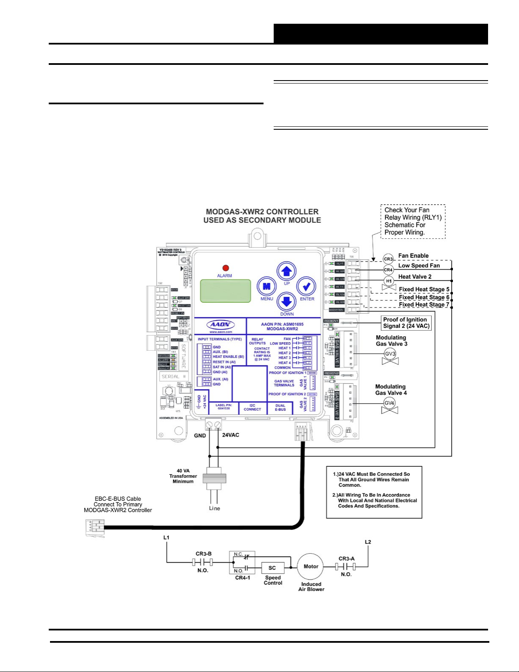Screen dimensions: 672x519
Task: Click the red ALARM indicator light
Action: (x=225, y=268)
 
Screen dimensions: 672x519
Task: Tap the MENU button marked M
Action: (x=266, y=287)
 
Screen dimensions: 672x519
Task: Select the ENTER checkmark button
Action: (x=306, y=287)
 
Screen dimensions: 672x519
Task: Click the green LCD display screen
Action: (x=225, y=291)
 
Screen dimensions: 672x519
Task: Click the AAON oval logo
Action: (x=220, y=325)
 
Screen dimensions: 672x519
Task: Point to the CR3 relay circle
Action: (x=388, y=259)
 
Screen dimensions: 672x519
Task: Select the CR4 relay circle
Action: (x=388, y=270)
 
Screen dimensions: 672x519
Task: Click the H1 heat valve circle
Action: (x=389, y=281)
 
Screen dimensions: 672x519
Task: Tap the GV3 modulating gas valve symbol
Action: (x=390, y=354)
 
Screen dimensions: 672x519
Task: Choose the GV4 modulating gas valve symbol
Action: (x=389, y=403)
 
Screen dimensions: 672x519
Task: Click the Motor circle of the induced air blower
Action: (x=311, y=566)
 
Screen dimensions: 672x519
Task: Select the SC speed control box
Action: (x=272, y=568)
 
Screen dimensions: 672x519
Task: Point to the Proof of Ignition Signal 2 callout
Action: (x=406, y=323)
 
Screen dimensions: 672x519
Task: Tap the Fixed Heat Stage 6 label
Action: (x=424, y=297)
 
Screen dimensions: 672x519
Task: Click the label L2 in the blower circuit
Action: (x=368, y=542)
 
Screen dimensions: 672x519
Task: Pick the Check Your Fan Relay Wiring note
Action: (x=413, y=221)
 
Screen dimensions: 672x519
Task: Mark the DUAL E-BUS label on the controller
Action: (x=280, y=407)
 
